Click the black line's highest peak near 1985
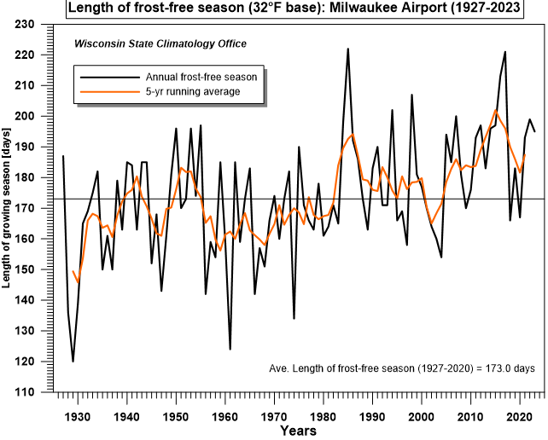coord(347,49)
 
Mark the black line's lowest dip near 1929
coord(73,362)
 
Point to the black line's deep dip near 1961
coord(230,349)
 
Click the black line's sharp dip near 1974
coord(294,318)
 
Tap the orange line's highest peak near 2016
coord(495,109)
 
